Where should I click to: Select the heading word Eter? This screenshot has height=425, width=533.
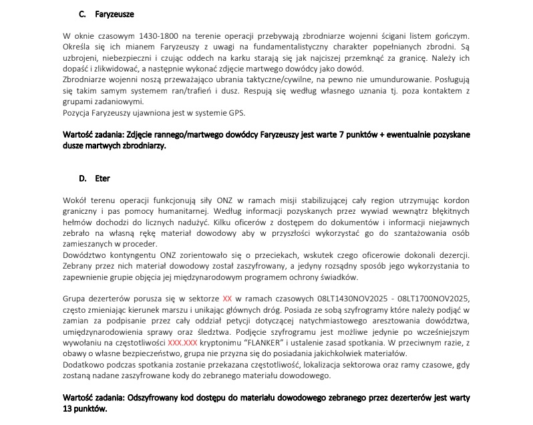click(x=103, y=178)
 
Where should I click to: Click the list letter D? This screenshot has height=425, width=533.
click(x=82, y=178)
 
